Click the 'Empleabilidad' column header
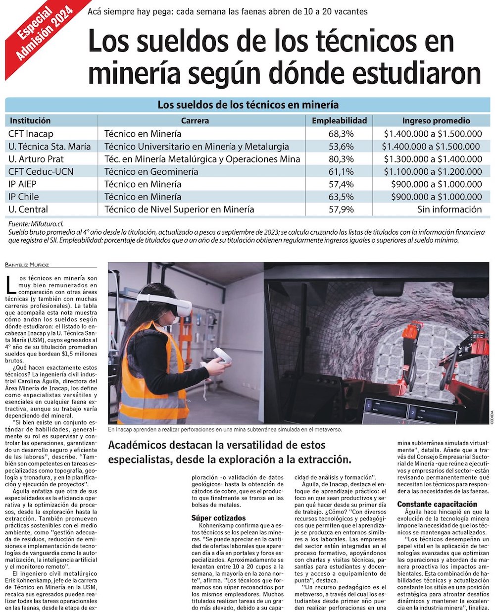pos(339,120)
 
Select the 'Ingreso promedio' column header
pos(436,120)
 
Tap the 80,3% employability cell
pos(341,159)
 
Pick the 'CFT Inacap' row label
pos(31,134)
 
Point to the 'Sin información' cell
pos(449,209)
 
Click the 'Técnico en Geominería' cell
pos(151,172)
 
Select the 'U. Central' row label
pos(29,209)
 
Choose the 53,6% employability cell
pos(341,147)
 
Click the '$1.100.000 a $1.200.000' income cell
pos(433,172)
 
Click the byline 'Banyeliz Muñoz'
pos(28,265)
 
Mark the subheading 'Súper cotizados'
pos(218,518)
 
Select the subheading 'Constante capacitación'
pos(437,504)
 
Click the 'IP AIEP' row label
pos(22,184)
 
